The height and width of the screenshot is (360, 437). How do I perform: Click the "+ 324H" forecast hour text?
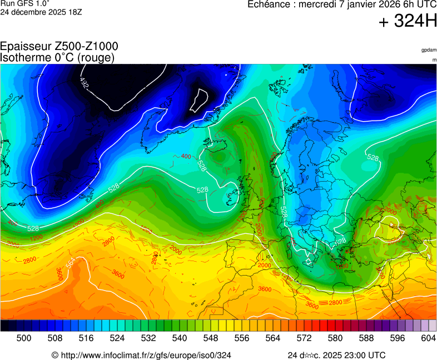[407, 22]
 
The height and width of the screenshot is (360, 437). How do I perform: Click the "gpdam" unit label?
[429, 50]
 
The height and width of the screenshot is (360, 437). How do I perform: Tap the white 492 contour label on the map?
[84, 83]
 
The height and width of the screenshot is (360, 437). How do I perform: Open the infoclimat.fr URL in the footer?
[145, 355]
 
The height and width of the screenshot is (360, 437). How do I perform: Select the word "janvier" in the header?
[361, 4]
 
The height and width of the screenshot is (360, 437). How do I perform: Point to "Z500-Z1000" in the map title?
[83, 47]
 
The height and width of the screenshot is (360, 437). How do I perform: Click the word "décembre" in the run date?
[34, 12]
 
